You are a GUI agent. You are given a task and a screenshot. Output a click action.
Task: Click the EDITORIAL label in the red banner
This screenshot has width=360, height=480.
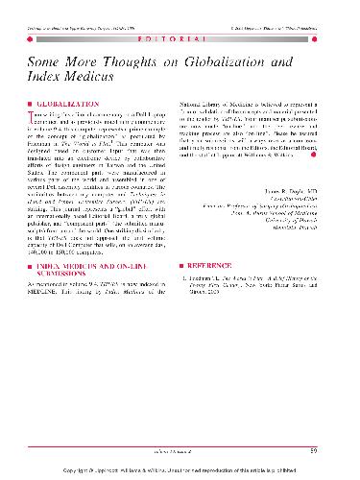point(180,31)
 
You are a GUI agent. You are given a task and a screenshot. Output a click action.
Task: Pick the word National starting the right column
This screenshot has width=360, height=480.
point(196,100)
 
